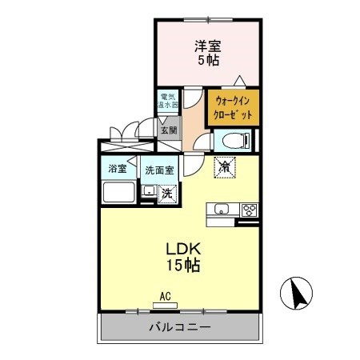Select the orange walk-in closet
pos(234,109)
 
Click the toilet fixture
pos(231,141)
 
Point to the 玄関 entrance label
pos(168,130)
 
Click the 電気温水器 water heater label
pos(168,102)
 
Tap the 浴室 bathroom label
pos(115,170)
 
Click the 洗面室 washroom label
pos(158,170)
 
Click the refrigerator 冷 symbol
pos(226,167)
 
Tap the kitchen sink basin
pos(220,210)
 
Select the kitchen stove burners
pos(248,210)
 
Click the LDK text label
pos(181,247)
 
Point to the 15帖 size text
pos(181,265)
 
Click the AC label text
pos(166,296)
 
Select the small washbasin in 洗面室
pos(148,192)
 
